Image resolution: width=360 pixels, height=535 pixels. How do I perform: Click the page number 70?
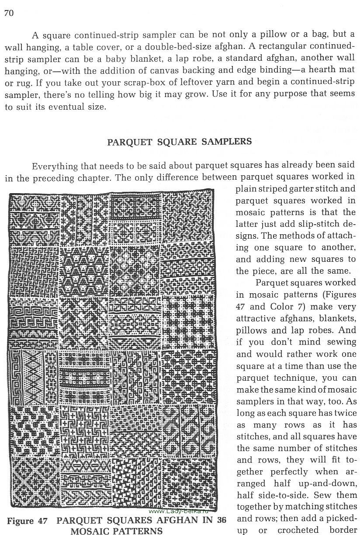9,13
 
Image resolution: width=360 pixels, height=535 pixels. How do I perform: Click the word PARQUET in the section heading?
128,142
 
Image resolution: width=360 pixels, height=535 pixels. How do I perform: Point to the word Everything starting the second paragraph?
54,166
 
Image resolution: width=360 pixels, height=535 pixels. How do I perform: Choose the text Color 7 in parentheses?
283,306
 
